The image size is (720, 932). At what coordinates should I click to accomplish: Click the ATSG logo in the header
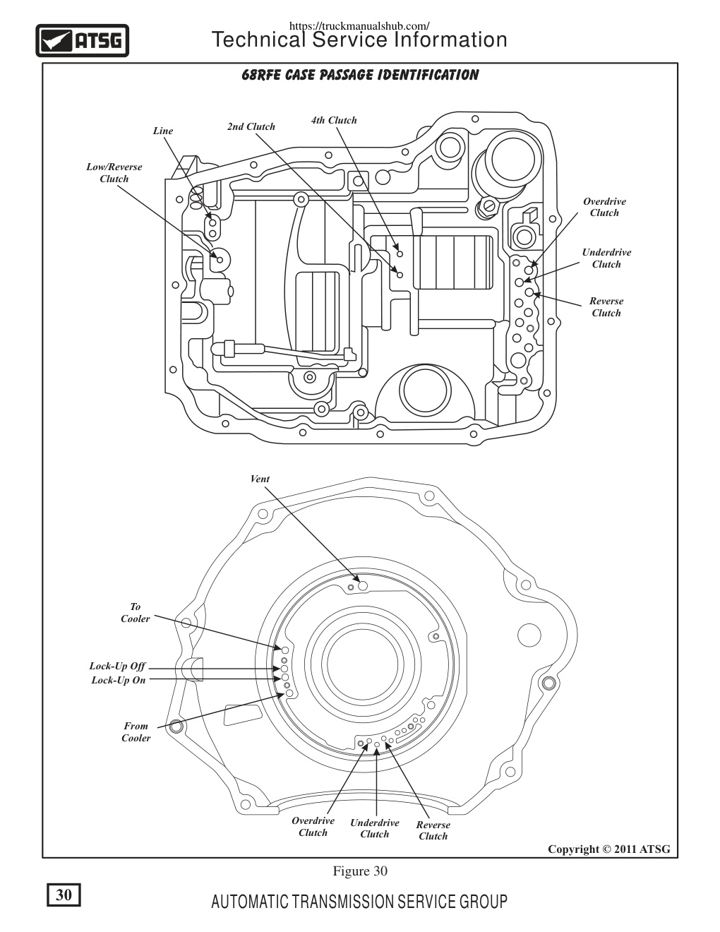click(x=83, y=41)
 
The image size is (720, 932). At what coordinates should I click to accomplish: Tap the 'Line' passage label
click(x=163, y=131)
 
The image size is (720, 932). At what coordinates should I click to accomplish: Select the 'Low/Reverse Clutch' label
click(x=114, y=173)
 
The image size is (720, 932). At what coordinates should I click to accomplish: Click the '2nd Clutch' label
click(x=251, y=126)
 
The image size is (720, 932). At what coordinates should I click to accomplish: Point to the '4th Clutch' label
click(x=334, y=120)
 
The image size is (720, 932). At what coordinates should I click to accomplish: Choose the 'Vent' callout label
click(x=260, y=479)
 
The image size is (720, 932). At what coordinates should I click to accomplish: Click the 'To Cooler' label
click(x=136, y=612)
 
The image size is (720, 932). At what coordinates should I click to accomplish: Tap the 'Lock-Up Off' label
click(x=117, y=666)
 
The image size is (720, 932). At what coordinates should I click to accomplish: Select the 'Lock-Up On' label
click(x=119, y=680)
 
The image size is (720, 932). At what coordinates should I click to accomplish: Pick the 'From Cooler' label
click(x=136, y=731)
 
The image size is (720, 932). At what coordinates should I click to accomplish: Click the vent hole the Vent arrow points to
click(x=363, y=586)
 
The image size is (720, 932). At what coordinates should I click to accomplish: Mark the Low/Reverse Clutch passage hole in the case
click(x=220, y=260)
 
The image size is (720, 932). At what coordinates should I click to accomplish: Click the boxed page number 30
click(x=64, y=895)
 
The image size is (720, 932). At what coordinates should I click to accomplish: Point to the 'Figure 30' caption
click(x=360, y=871)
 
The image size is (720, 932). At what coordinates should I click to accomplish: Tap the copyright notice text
click(x=609, y=849)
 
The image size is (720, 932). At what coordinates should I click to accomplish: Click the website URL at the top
click(x=359, y=26)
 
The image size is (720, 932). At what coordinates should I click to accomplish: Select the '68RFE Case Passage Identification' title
click(x=360, y=75)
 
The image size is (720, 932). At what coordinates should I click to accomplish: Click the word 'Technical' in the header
click(x=258, y=40)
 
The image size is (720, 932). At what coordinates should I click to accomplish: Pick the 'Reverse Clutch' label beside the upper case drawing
click(x=606, y=307)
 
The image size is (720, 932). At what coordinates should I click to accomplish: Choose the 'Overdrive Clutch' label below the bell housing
click(x=313, y=827)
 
